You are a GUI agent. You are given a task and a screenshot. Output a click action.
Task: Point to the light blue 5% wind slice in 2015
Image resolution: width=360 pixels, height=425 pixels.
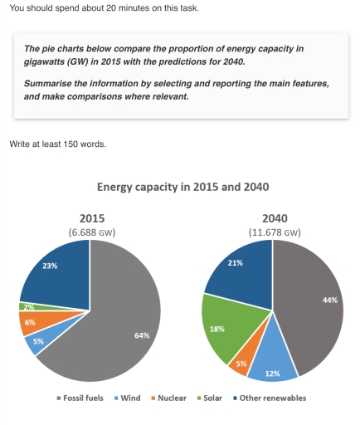[39, 341]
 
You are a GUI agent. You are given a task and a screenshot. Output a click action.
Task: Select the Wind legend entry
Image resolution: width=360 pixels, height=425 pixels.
[126, 398]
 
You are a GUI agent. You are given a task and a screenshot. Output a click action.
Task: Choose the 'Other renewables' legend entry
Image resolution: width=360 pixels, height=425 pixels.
[272, 398]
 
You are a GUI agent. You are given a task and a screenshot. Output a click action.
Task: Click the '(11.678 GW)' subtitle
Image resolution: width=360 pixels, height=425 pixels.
[273, 232]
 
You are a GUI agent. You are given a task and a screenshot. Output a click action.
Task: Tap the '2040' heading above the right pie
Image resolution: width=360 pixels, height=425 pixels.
[273, 218]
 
